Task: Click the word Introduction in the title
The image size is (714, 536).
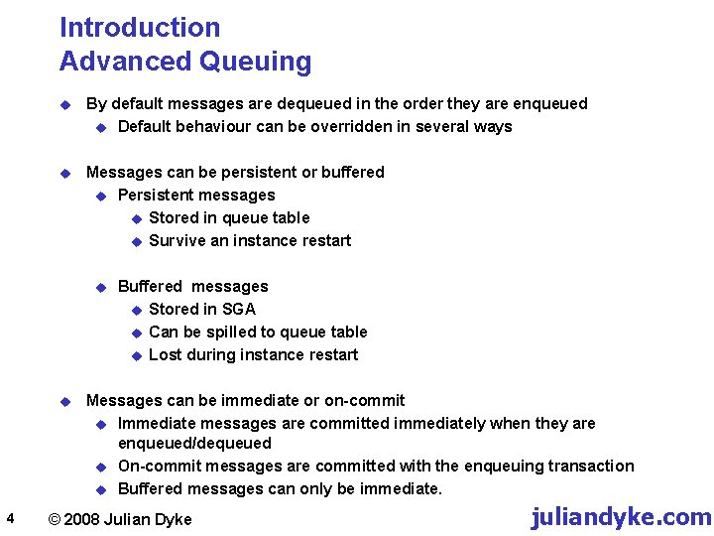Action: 140,28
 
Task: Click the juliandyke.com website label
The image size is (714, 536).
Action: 621,517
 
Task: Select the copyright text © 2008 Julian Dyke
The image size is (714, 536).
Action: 120,519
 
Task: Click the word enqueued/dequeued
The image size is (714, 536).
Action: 194,443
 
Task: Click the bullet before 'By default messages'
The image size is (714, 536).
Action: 65,104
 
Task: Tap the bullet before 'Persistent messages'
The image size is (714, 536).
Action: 100,196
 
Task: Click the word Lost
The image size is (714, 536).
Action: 165,354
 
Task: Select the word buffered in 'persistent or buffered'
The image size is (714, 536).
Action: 352,172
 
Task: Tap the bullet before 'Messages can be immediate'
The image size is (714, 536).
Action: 65,401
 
